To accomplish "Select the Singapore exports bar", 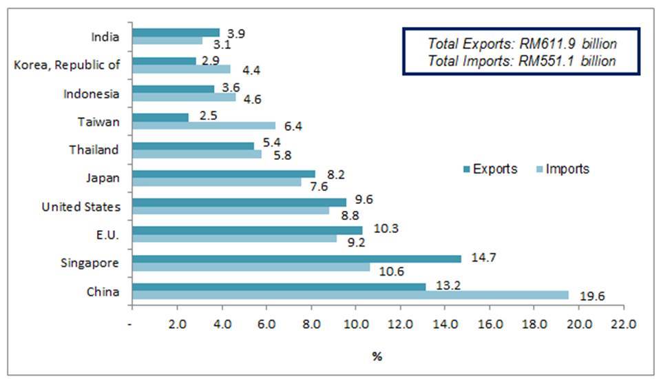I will (x=296, y=258).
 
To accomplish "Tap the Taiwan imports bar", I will (x=203, y=125).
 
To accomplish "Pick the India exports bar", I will (x=176, y=32).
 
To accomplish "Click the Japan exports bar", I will (x=223, y=174).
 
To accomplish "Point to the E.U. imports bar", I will (x=234, y=238).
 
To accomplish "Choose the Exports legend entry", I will (x=490, y=169).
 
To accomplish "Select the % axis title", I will (x=377, y=356).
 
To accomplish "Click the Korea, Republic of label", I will (x=67, y=65).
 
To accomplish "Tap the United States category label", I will (x=81, y=207).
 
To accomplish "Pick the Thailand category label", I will (x=94, y=150).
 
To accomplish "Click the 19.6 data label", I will (x=590, y=298).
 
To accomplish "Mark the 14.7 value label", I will (x=483, y=257).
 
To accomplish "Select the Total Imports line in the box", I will (x=521, y=61).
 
